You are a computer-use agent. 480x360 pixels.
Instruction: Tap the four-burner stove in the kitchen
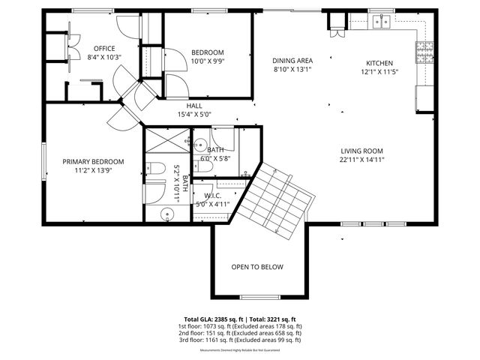tap(421, 52)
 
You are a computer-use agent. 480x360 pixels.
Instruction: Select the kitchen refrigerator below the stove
tap(424, 97)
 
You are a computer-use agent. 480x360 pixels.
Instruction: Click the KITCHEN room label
tap(379, 63)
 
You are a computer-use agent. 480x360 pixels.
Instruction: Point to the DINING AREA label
tap(292, 61)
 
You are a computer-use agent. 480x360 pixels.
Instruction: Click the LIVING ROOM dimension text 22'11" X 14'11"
tap(362, 159)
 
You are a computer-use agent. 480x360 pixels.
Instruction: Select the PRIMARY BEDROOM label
tap(93, 161)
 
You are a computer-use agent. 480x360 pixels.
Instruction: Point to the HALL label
tap(194, 106)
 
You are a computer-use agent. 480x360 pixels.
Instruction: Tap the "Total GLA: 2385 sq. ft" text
tap(214, 319)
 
